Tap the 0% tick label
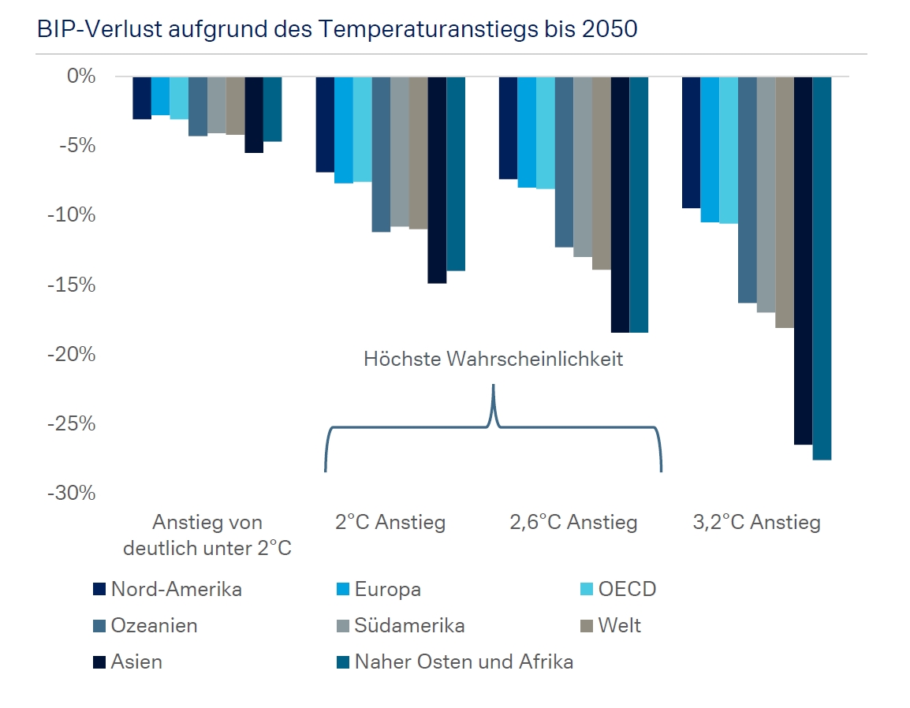point(80,76)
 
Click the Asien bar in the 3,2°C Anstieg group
point(803,260)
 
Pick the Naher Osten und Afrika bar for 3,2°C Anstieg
point(822,268)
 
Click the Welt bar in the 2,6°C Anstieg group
point(601,173)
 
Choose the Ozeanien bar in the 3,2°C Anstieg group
point(747,189)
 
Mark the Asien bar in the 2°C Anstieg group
point(437,180)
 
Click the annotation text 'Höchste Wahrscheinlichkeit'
point(493,360)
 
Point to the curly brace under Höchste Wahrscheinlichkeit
point(493,427)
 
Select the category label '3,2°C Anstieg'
point(756,522)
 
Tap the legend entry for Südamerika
point(409,626)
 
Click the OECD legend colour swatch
point(585,590)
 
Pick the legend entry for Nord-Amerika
point(176,590)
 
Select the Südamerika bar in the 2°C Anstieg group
point(399,151)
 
